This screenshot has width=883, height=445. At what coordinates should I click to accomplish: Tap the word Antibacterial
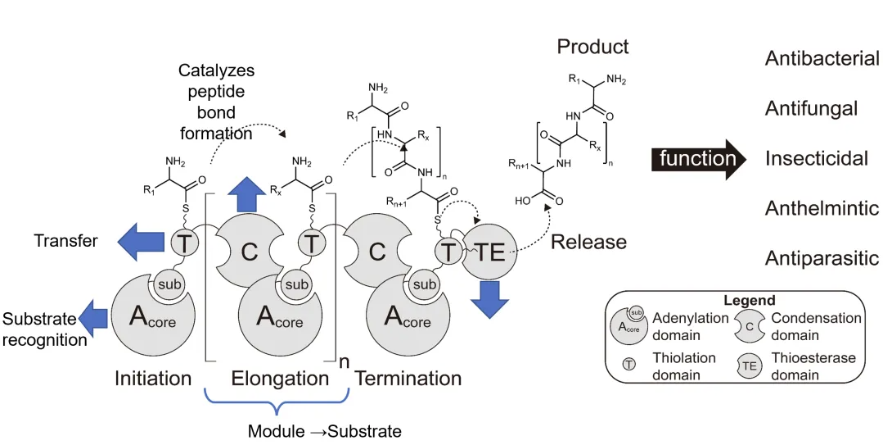pyautogui.click(x=822, y=59)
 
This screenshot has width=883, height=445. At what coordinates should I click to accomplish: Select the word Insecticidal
pyautogui.click(x=816, y=158)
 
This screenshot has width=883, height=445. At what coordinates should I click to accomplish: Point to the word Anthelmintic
pyautogui.click(x=822, y=209)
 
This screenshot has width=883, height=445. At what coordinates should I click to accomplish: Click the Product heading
pyautogui.click(x=592, y=47)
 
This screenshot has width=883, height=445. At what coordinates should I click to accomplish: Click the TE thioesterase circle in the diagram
pyautogui.click(x=490, y=252)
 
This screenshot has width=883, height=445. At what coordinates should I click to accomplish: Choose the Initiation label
pyautogui.click(x=153, y=379)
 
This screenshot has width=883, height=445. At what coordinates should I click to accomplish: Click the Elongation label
pyautogui.click(x=280, y=379)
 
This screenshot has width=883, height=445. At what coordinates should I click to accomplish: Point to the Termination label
pyautogui.click(x=408, y=379)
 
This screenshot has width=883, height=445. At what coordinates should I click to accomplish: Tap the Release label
pyautogui.click(x=588, y=242)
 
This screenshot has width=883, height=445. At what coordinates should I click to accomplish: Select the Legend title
pyautogui.click(x=749, y=301)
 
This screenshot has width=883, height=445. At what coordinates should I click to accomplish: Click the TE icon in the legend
pyautogui.click(x=750, y=366)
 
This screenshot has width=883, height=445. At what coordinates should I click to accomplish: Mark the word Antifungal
pyautogui.click(x=811, y=108)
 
